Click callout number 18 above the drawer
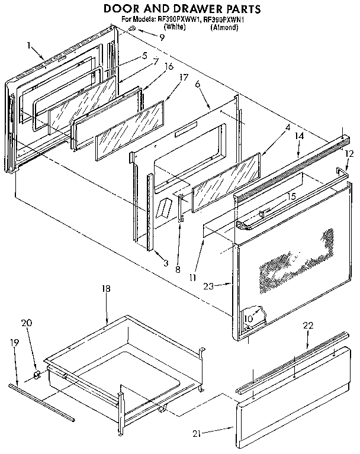point(106,289)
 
